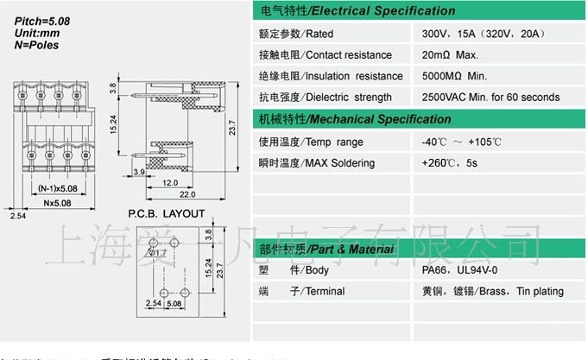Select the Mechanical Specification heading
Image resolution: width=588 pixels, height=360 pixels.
pos(355,119)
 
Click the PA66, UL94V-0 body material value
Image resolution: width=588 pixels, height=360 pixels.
pos(455,270)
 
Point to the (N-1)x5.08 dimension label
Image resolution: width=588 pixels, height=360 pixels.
pos(58,186)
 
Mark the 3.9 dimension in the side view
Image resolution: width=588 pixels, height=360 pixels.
pos(139,173)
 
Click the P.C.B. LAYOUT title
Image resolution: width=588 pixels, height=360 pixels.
pos(167,213)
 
